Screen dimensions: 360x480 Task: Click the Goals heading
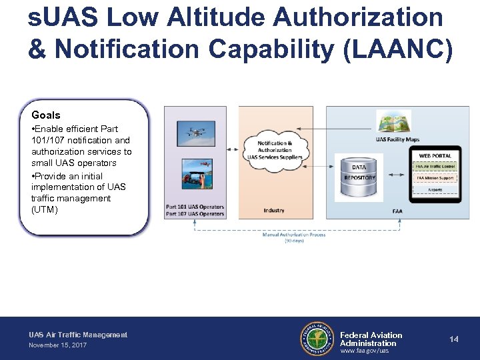[x=45, y=115]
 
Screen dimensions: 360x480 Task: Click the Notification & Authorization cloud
[x=275, y=150]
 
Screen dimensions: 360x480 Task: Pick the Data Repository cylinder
[x=359, y=177]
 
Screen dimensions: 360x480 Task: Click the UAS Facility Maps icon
[x=394, y=122]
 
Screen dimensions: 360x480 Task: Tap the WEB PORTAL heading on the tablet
[x=435, y=155]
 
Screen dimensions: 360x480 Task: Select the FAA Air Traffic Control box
[x=435, y=167]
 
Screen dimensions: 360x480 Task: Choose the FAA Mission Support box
[x=435, y=178]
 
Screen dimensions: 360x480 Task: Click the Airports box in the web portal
[x=435, y=189]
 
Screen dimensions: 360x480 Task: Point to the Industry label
[x=273, y=210]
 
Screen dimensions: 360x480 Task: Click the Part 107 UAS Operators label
[x=195, y=214]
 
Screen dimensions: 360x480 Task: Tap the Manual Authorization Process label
[x=293, y=235]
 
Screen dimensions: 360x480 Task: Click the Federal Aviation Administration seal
[x=317, y=339]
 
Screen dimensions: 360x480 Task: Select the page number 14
[x=454, y=339]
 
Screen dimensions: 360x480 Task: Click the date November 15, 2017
[x=58, y=345]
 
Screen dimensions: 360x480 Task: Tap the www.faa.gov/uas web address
[x=364, y=351]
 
